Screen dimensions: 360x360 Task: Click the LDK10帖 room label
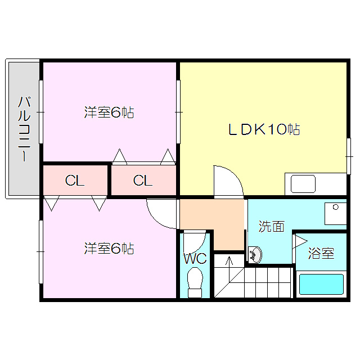pyautogui.click(x=263, y=129)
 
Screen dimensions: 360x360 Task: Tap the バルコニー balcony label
pyautogui.click(x=24, y=129)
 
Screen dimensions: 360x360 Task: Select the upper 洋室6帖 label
pyautogui.click(x=109, y=112)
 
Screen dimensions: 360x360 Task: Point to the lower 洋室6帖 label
pyautogui.click(x=109, y=248)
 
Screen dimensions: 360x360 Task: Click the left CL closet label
pyautogui.click(x=75, y=181)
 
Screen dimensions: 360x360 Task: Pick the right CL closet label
pyautogui.click(x=143, y=181)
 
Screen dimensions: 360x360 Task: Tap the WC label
pyautogui.click(x=195, y=259)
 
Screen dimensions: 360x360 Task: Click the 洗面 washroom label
pyautogui.click(x=271, y=226)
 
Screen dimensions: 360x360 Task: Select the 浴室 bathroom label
pyautogui.click(x=321, y=254)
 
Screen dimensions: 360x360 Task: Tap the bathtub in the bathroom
pyautogui.click(x=321, y=284)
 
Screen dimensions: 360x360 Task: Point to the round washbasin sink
pyautogui.click(x=255, y=255)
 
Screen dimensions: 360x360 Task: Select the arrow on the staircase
pyautogui.click(x=229, y=263)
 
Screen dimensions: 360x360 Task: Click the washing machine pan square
pyautogui.click(x=336, y=213)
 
